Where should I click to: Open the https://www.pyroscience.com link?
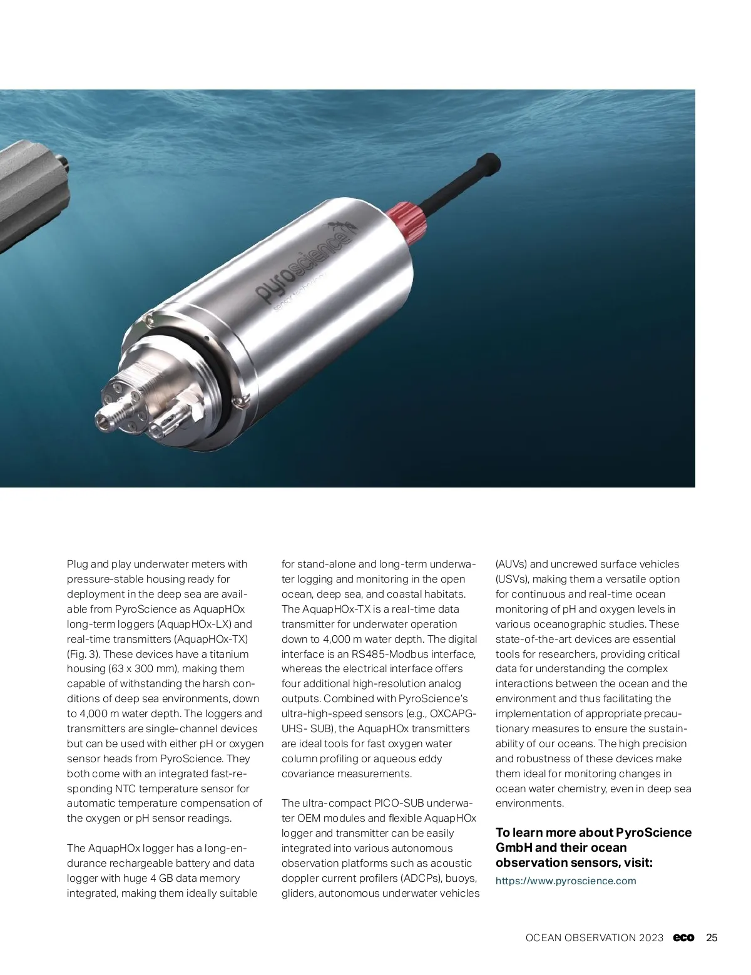coord(565,881)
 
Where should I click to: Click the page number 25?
coord(712,938)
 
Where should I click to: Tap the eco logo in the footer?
coord(684,938)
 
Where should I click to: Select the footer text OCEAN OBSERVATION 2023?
coord(594,938)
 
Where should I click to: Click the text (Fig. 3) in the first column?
coord(79,654)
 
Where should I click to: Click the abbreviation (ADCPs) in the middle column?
coord(422,879)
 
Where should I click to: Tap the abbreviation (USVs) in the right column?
coord(513,579)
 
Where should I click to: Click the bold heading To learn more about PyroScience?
coord(593,833)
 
